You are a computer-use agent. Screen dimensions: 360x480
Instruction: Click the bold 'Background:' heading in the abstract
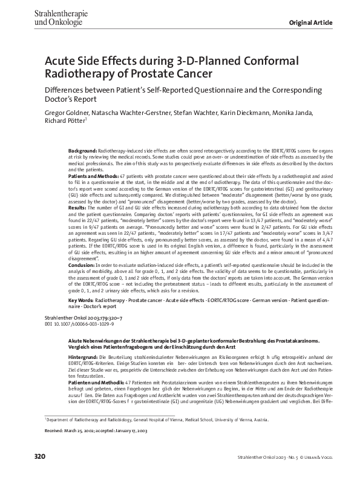(x=82, y=149)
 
